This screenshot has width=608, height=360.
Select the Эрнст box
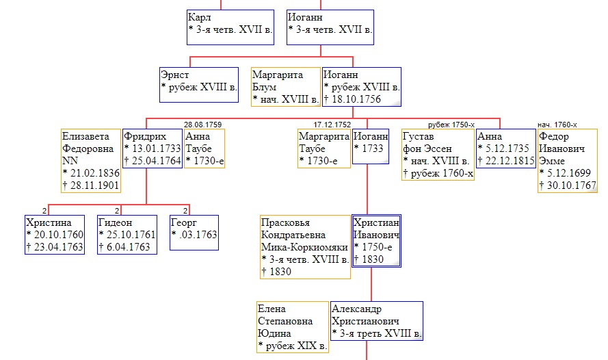(199, 84)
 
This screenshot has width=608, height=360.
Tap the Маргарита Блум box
(286, 86)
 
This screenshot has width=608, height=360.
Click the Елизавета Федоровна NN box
(90, 161)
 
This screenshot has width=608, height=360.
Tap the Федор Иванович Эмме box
(567, 161)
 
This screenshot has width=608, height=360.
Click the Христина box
(55, 235)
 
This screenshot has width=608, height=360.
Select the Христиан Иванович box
(376, 241)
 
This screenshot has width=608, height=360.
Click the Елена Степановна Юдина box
(293, 327)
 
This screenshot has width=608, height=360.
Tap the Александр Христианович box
(376, 321)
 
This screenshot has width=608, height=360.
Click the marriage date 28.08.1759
(202, 125)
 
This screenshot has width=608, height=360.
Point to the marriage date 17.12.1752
(332, 125)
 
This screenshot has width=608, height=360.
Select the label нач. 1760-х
(557, 125)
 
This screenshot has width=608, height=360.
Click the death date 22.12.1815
(505, 161)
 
